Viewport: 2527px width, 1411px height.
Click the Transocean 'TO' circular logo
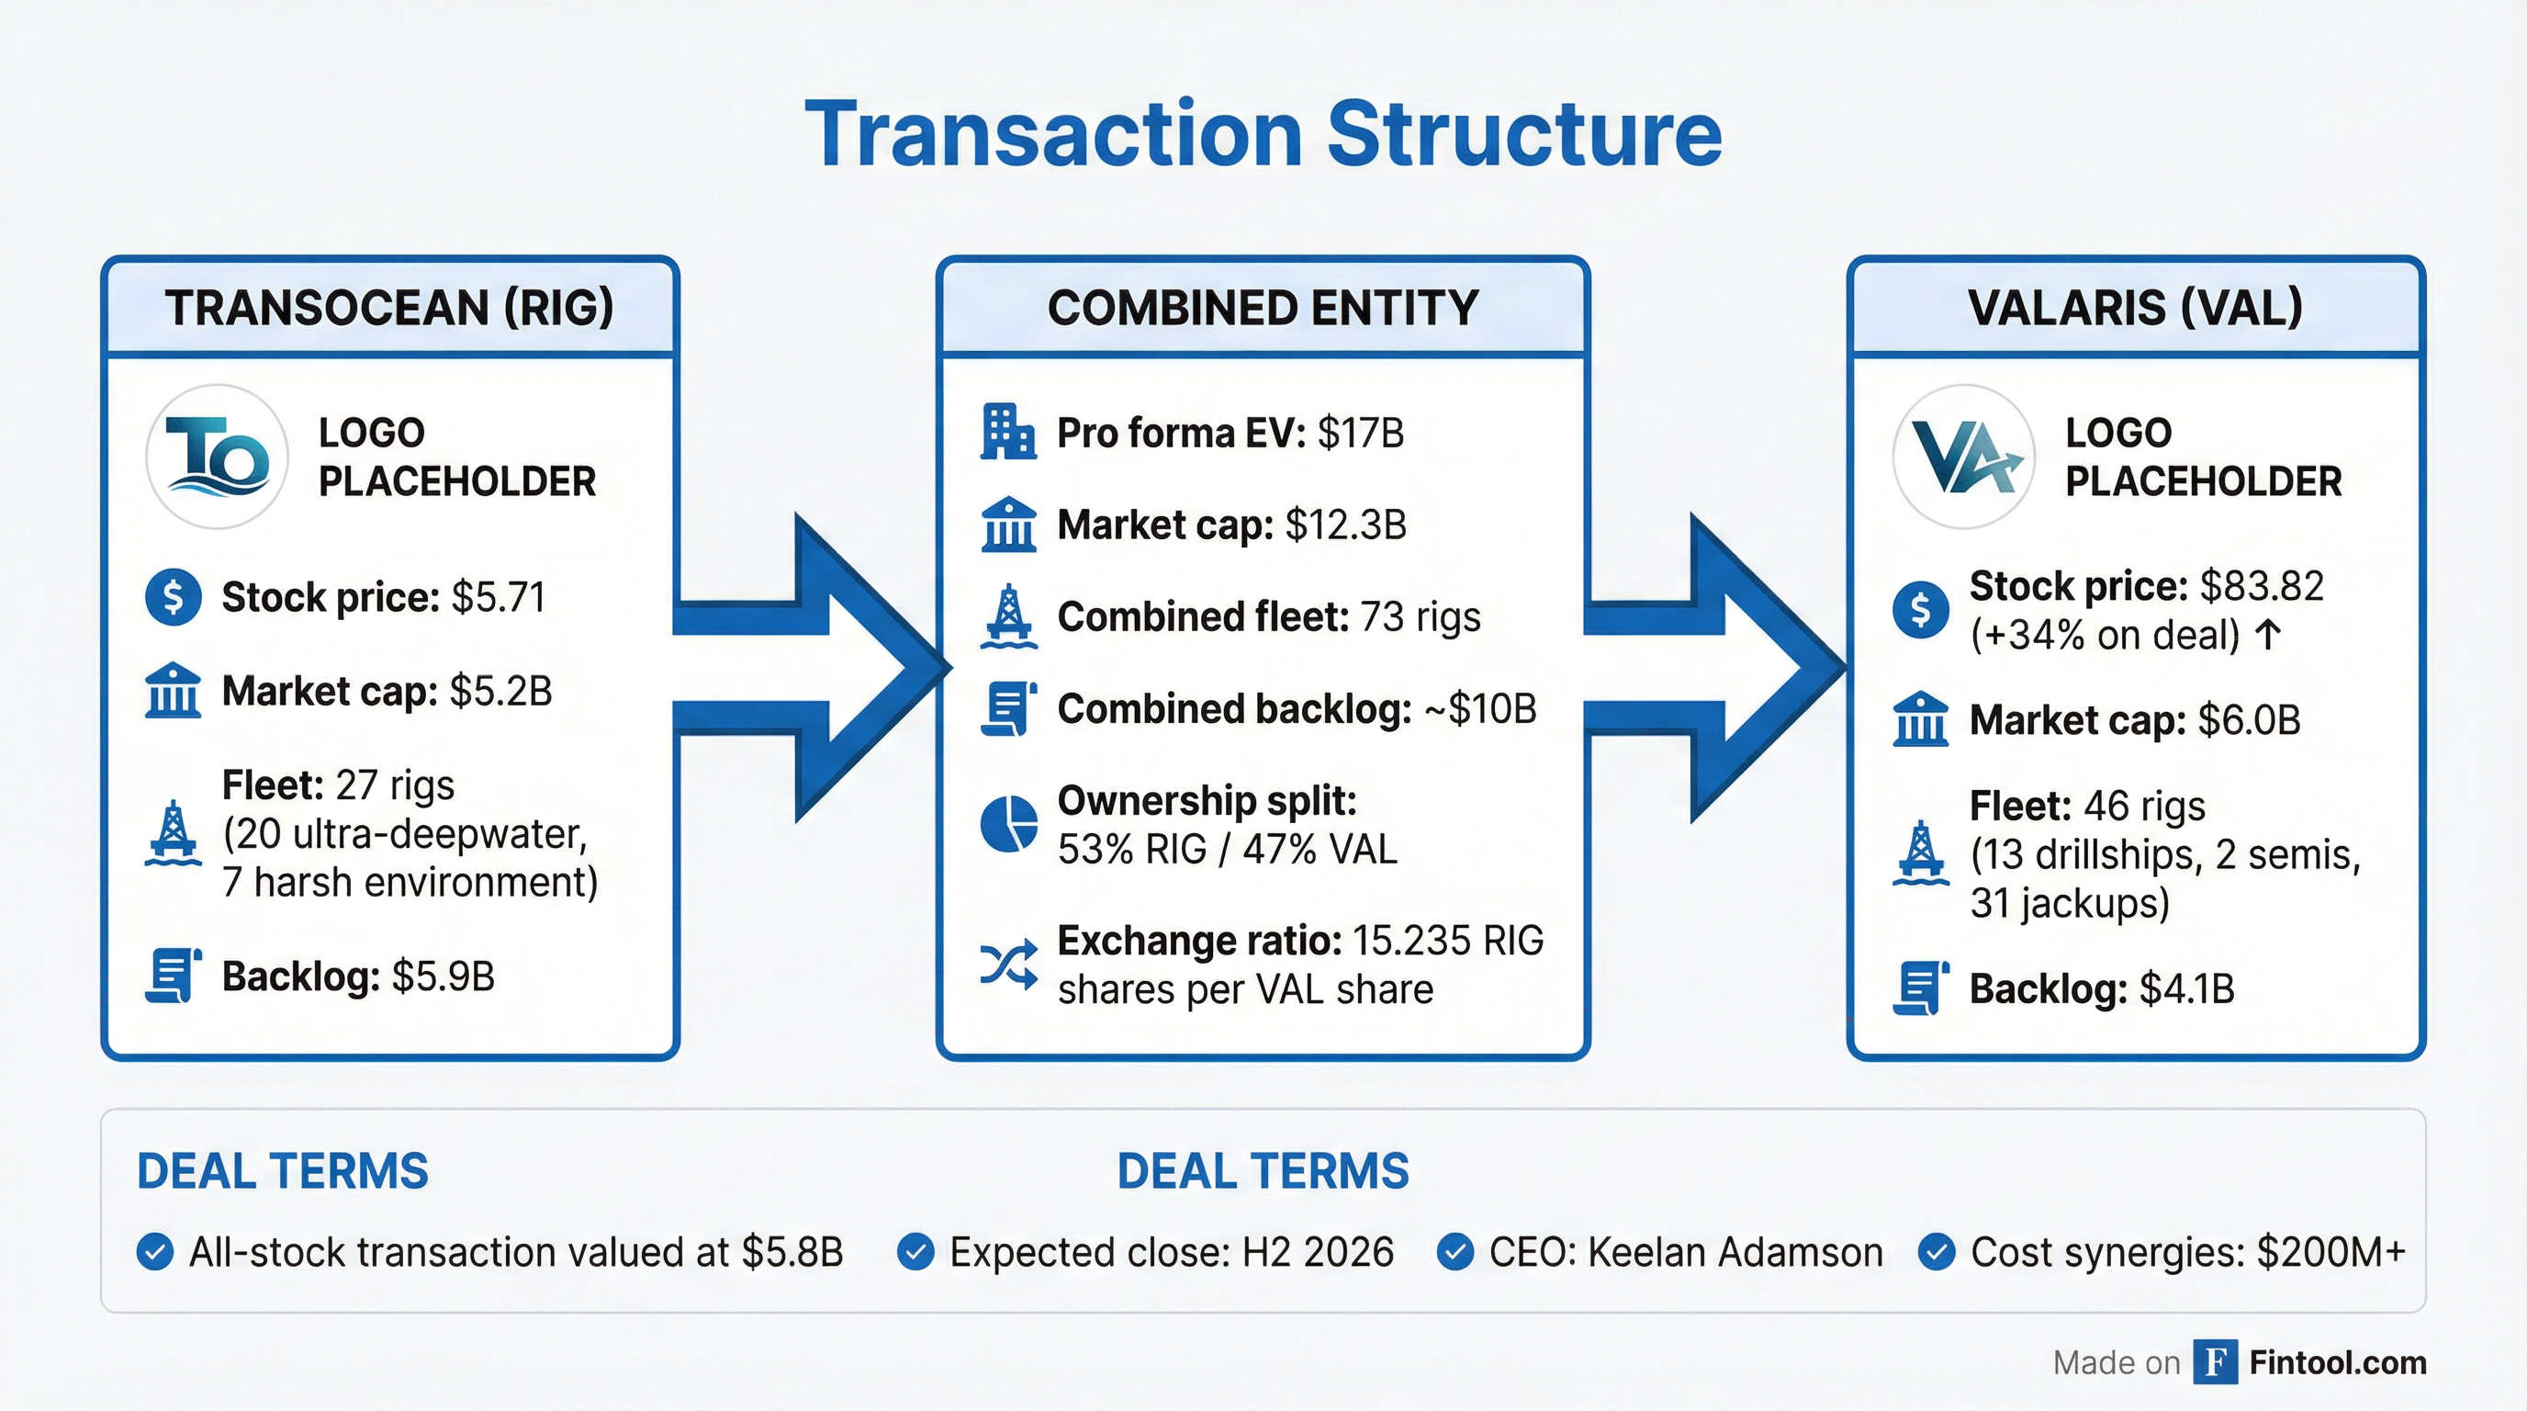(217, 457)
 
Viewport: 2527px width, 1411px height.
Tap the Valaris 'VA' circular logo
(1963, 457)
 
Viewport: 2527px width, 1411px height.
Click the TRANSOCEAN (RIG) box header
(389, 307)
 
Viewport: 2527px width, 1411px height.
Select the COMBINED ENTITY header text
(1263, 307)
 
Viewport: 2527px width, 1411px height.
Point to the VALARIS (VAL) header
(2135, 307)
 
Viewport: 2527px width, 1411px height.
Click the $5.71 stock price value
(498, 596)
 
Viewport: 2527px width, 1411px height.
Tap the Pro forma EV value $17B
(1361, 433)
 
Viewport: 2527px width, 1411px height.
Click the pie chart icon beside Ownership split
(1008, 824)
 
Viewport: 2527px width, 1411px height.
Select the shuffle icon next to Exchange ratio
(1008, 964)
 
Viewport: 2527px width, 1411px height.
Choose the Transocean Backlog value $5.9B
(443, 976)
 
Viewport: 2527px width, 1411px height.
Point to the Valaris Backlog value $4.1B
(2185, 988)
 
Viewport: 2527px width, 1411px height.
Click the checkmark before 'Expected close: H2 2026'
(915, 1252)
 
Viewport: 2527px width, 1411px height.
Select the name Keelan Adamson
(1735, 1252)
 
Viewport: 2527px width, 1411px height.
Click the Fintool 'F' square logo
(2215, 1362)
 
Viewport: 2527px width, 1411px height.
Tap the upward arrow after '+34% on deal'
(2267, 635)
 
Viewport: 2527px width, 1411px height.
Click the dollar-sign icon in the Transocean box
(174, 596)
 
